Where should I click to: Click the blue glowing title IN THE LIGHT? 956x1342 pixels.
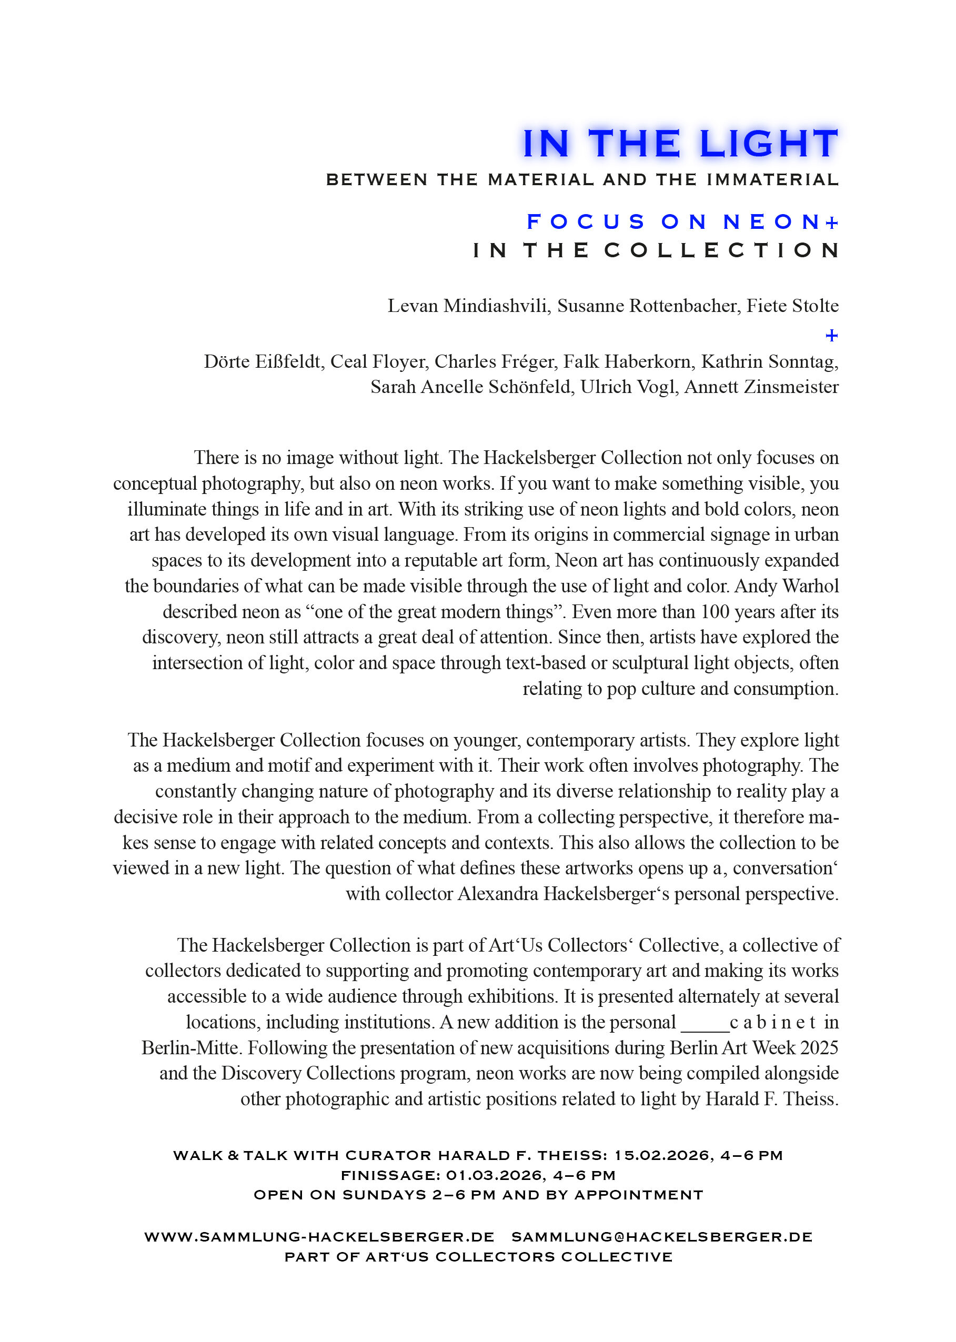pos(680,144)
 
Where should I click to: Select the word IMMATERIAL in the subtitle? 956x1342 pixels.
pos(772,180)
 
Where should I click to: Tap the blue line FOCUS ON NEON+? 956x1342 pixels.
pos(682,222)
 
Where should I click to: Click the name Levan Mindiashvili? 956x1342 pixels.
pos(468,306)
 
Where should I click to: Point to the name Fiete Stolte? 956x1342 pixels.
pos(792,306)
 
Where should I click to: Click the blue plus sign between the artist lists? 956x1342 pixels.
pos(831,336)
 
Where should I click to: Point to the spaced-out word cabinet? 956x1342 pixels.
pos(772,1022)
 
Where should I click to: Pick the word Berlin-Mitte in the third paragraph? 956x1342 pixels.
pos(189,1048)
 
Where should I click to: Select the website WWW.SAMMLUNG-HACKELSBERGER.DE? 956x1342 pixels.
pos(319,1237)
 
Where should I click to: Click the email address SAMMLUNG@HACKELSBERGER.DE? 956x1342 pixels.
pos(662,1237)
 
